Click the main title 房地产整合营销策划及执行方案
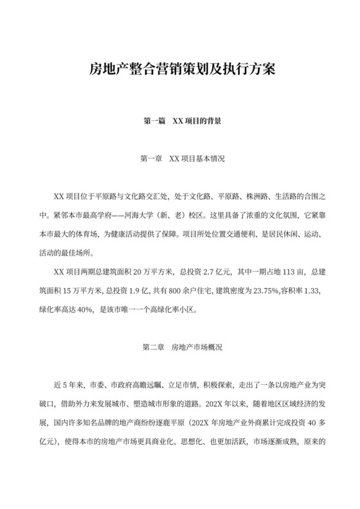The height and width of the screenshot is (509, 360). click(180, 69)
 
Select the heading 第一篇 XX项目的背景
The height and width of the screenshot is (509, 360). click(180, 120)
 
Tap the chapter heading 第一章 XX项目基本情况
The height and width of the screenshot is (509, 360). click(180, 157)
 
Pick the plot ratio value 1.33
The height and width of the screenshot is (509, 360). click(313, 290)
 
